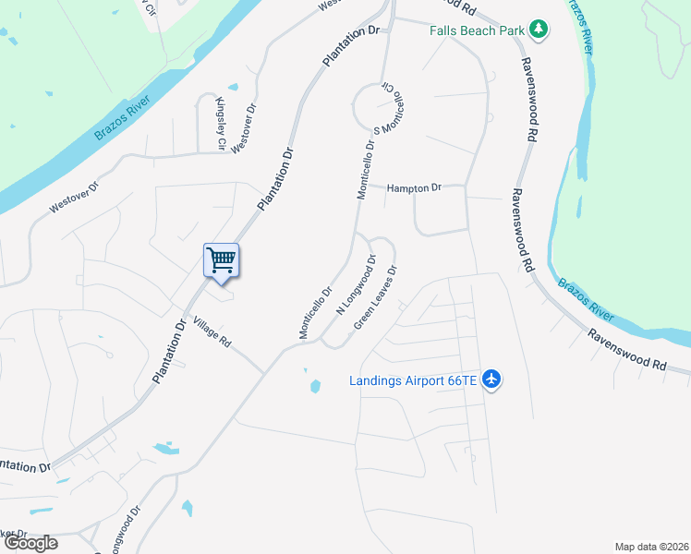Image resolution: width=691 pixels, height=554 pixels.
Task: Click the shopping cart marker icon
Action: [x=221, y=259]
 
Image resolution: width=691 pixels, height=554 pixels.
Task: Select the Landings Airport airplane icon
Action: [x=491, y=379]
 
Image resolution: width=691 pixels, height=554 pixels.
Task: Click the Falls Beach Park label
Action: [x=477, y=30]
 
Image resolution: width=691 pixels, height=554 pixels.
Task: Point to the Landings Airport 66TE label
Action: [x=413, y=379]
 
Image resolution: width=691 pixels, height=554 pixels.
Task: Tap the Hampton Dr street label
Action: [x=414, y=187]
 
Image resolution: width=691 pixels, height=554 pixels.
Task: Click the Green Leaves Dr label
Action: [x=376, y=297]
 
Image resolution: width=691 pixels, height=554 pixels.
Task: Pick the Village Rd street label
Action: [x=212, y=332]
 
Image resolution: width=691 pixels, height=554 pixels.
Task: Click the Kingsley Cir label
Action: [x=221, y=124]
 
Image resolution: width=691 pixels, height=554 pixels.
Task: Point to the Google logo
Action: [x=30, y=543]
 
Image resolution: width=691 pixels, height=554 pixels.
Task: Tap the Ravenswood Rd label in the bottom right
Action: [x=627, y=352]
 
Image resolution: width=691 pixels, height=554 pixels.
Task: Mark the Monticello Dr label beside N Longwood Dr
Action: [x=315, y=315]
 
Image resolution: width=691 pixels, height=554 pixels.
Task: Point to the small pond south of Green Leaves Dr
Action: [x=314, y=385]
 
